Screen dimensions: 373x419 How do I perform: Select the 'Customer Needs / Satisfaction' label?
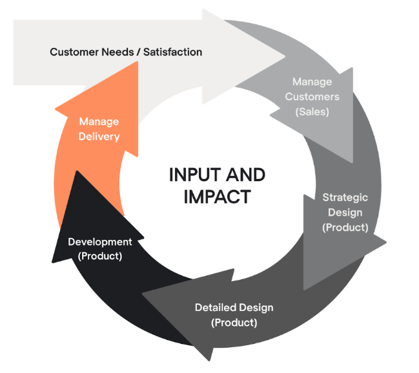coord(126,51)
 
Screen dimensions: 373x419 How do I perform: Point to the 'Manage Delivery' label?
coord(99,129)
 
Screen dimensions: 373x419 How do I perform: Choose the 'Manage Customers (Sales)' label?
coord(312,96)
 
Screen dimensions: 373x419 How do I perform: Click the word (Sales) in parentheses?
coord(312,111)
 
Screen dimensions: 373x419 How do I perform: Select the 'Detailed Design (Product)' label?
coord(234,315)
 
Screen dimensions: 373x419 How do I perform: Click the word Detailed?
coord(216,308)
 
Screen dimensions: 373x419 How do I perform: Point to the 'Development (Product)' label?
coord(99,249)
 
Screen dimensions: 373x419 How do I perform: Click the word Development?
coord(99,242)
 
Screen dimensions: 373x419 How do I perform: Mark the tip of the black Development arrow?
coord(76,171)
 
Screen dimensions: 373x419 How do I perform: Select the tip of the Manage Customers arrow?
coord(353,162)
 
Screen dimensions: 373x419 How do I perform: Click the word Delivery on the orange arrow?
coord(99,136)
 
